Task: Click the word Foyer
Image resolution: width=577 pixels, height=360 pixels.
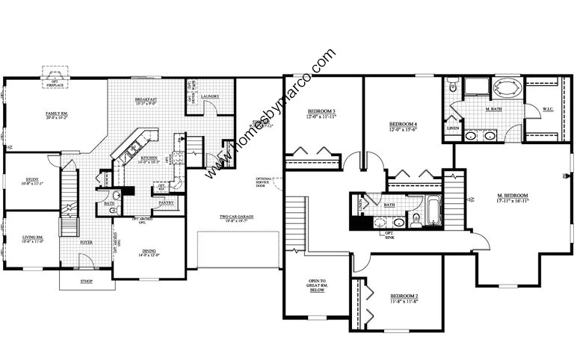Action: tap(86, 243)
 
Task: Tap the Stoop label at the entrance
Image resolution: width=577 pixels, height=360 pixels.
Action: tap(86, 282)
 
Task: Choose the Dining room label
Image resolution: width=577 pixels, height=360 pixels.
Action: tap(149, 253)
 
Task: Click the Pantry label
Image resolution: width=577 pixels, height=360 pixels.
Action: tap(166, 202)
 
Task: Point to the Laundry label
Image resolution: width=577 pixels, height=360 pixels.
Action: tap(209, 96)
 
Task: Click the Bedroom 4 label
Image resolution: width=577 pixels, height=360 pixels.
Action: tap(404, 125)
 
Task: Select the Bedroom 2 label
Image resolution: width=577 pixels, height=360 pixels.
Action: tap(404, 298)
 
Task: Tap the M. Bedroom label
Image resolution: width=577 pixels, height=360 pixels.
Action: tap(513, 198)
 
